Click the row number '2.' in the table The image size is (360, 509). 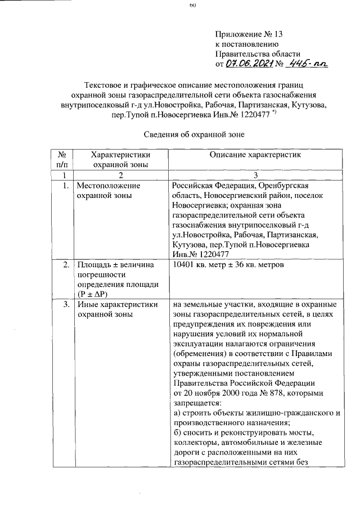pyautogui.click(x=66, y=265)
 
